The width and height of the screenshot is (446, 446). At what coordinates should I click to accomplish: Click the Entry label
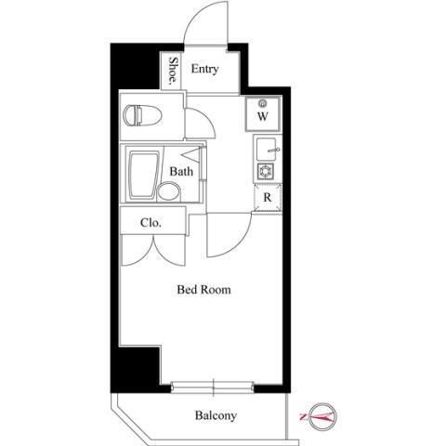[204, 69]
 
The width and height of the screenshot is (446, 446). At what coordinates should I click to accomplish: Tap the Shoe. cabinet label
[174, 71]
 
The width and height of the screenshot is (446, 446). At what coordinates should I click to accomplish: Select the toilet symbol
[142, 115]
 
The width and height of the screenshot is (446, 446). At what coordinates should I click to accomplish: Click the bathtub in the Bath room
[143, 176]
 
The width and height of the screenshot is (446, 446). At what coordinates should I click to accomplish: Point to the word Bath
[181, 171]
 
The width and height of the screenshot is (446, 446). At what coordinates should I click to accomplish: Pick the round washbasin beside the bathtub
[169, 191]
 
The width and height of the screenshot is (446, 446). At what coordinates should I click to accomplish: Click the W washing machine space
[263, 113]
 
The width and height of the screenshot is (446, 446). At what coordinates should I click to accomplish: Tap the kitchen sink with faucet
[267, 150]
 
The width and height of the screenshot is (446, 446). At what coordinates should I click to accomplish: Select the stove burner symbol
[266, 171]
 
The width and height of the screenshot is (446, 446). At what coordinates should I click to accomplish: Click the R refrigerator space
[268, 197]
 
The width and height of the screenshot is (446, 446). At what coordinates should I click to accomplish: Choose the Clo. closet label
[151, 222]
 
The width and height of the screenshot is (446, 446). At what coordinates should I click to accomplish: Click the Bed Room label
[203, 290]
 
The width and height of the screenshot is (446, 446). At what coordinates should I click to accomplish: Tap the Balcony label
[216, 415]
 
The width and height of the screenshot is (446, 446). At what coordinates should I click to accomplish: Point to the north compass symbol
[323, 417]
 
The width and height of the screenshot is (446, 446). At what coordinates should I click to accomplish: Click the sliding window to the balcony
[213, 387]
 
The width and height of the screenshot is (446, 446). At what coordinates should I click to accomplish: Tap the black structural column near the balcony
[136, 369]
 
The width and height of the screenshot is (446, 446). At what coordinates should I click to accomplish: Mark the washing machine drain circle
[264, 103]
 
